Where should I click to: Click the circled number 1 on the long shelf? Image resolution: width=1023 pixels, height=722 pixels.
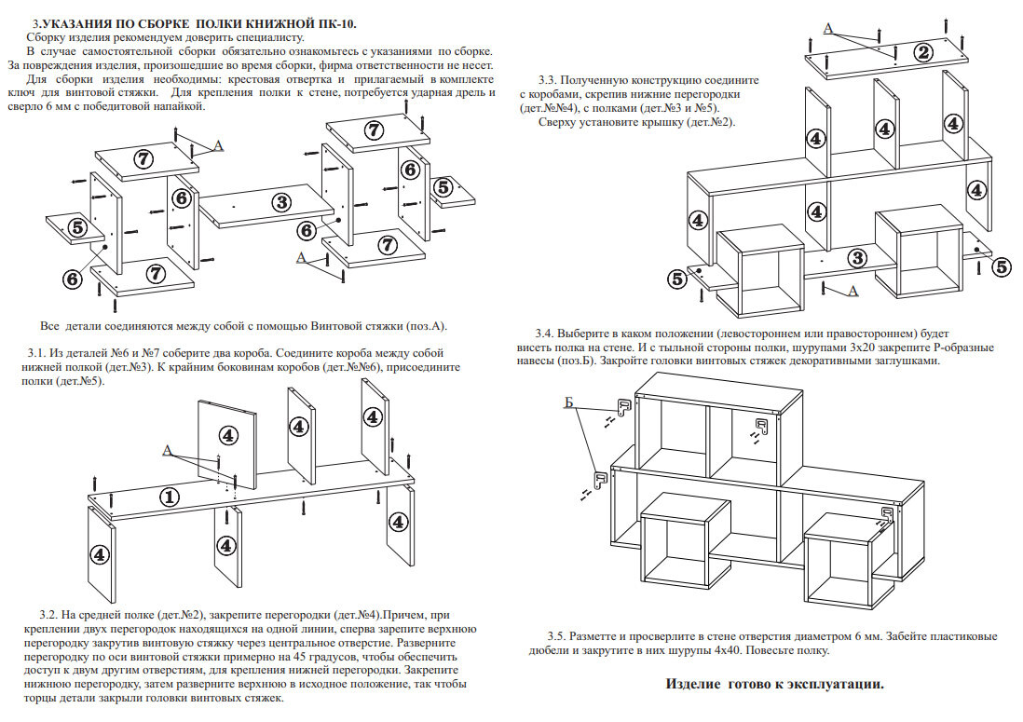[170, 497]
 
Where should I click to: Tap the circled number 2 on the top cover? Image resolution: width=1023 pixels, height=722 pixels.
[923, 52]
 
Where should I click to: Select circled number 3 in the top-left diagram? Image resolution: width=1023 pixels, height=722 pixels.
[279, 200]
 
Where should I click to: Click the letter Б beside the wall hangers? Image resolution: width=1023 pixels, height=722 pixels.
[569, 403]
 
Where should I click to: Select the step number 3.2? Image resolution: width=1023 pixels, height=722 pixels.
[49, 616]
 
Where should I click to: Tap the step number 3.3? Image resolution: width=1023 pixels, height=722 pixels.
[549, 81]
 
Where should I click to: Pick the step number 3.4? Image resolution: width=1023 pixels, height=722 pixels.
[546, 334]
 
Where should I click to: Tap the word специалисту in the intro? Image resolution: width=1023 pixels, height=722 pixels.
[266, 37]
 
